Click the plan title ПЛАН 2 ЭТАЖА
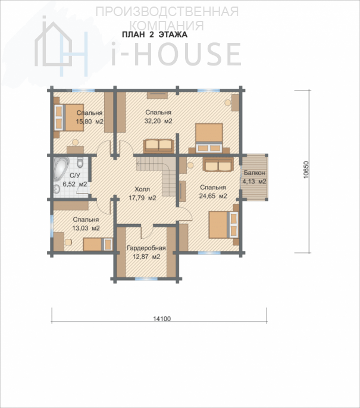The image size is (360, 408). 155,35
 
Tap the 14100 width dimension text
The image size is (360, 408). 162,319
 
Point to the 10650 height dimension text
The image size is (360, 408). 306,170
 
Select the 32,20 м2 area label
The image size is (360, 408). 158,121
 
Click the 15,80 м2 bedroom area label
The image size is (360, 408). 89,122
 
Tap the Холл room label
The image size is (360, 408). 142,189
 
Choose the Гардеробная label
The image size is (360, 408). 146,248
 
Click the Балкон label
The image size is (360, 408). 255,173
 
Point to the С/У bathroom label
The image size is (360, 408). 75,175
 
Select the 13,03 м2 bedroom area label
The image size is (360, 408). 86,228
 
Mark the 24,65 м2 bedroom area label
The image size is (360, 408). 213,196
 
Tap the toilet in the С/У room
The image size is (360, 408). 80,162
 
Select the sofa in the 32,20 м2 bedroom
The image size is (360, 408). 158,147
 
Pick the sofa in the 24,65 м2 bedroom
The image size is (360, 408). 218,165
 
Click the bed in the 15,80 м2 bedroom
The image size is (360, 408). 69,117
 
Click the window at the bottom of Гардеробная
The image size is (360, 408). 146,279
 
